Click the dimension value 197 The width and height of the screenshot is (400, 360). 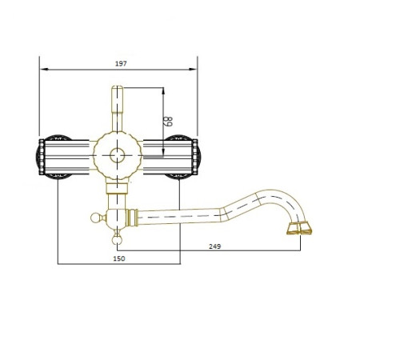[x=121, y=64]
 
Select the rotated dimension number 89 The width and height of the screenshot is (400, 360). [x=169, y=122]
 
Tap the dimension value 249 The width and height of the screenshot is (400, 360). [x=214, y=246]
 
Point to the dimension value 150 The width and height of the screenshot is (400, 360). [x=119, y=258]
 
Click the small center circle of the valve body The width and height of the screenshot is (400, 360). [x=118, y=155]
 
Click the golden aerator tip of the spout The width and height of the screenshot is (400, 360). [x=299, y=228]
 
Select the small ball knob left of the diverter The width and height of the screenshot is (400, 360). [x=94, y=218]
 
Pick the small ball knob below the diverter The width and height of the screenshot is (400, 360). [x=117, y=240]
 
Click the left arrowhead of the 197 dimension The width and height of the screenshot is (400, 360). [x=44, y=70]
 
